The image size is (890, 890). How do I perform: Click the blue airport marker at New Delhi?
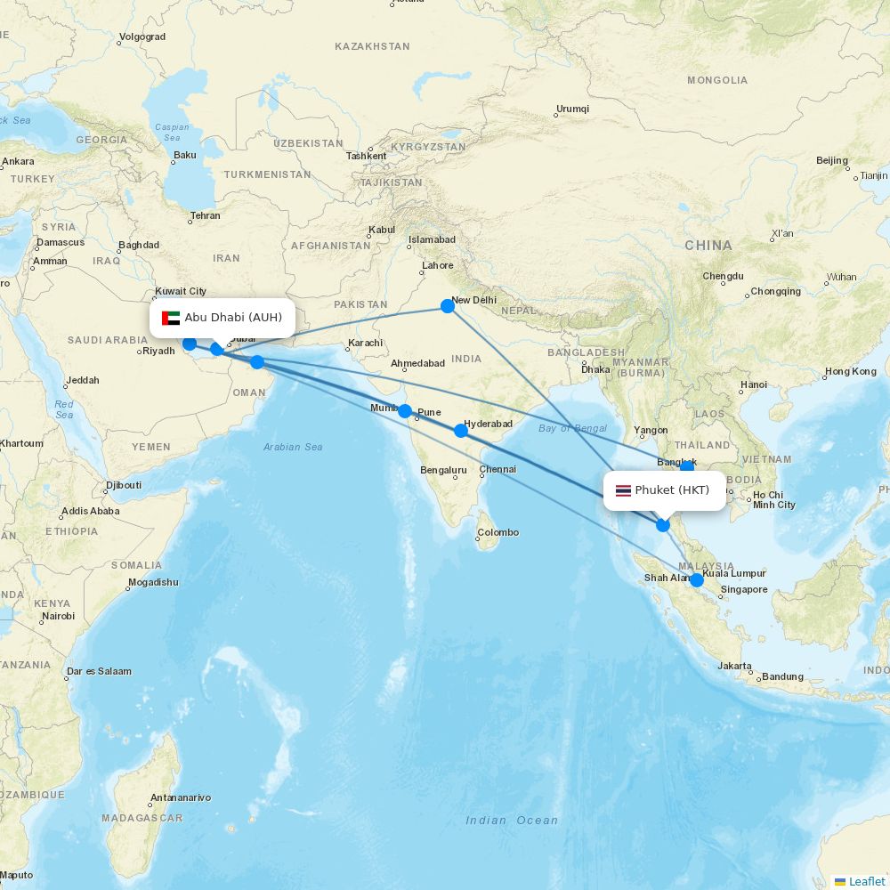pyautogui.click(x=448, y=306)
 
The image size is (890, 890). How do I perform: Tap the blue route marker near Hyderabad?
pyautogui.click(x=461, y=431)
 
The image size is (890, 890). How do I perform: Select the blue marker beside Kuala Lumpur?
pyautogui.click(x=697, y=580)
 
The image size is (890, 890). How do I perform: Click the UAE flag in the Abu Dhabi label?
pyautogui.click(x=171, y=318)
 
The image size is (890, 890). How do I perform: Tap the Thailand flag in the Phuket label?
pyautogui.click(x=623, y=490)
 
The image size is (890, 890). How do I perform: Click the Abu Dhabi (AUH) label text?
pyautogui.click(x=233, y=318)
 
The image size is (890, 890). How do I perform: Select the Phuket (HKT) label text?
pyautogui.click(x=672, y=490)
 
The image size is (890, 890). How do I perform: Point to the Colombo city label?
pyautogui.click(x=498, y=532)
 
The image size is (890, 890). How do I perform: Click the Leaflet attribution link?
pyautogui.click(x=866, y=881)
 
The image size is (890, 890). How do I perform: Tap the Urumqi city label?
pyautogui.click(x=572, y=109)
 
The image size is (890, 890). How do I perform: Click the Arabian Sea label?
pyautogui.click(x=293, y=447)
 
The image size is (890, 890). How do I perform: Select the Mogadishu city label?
pyautogui.click(x=152, y=582)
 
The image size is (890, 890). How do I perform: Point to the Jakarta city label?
pyautogui.click(x=735, y=666)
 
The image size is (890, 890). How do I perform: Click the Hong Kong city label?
pyautogui.click(x=850, y=371)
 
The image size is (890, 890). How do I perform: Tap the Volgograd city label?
pyautogui.click(x=142, y=36)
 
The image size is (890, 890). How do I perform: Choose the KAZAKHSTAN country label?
pyautogui.click(x=372, y=46)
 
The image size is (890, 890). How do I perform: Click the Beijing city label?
pyautogui.click(x=832, y=160)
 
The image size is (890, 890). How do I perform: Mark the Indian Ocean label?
pyautogui.click(x=513, y=821)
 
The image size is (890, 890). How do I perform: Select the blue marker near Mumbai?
pyautogui.click(x=405, y=411)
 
